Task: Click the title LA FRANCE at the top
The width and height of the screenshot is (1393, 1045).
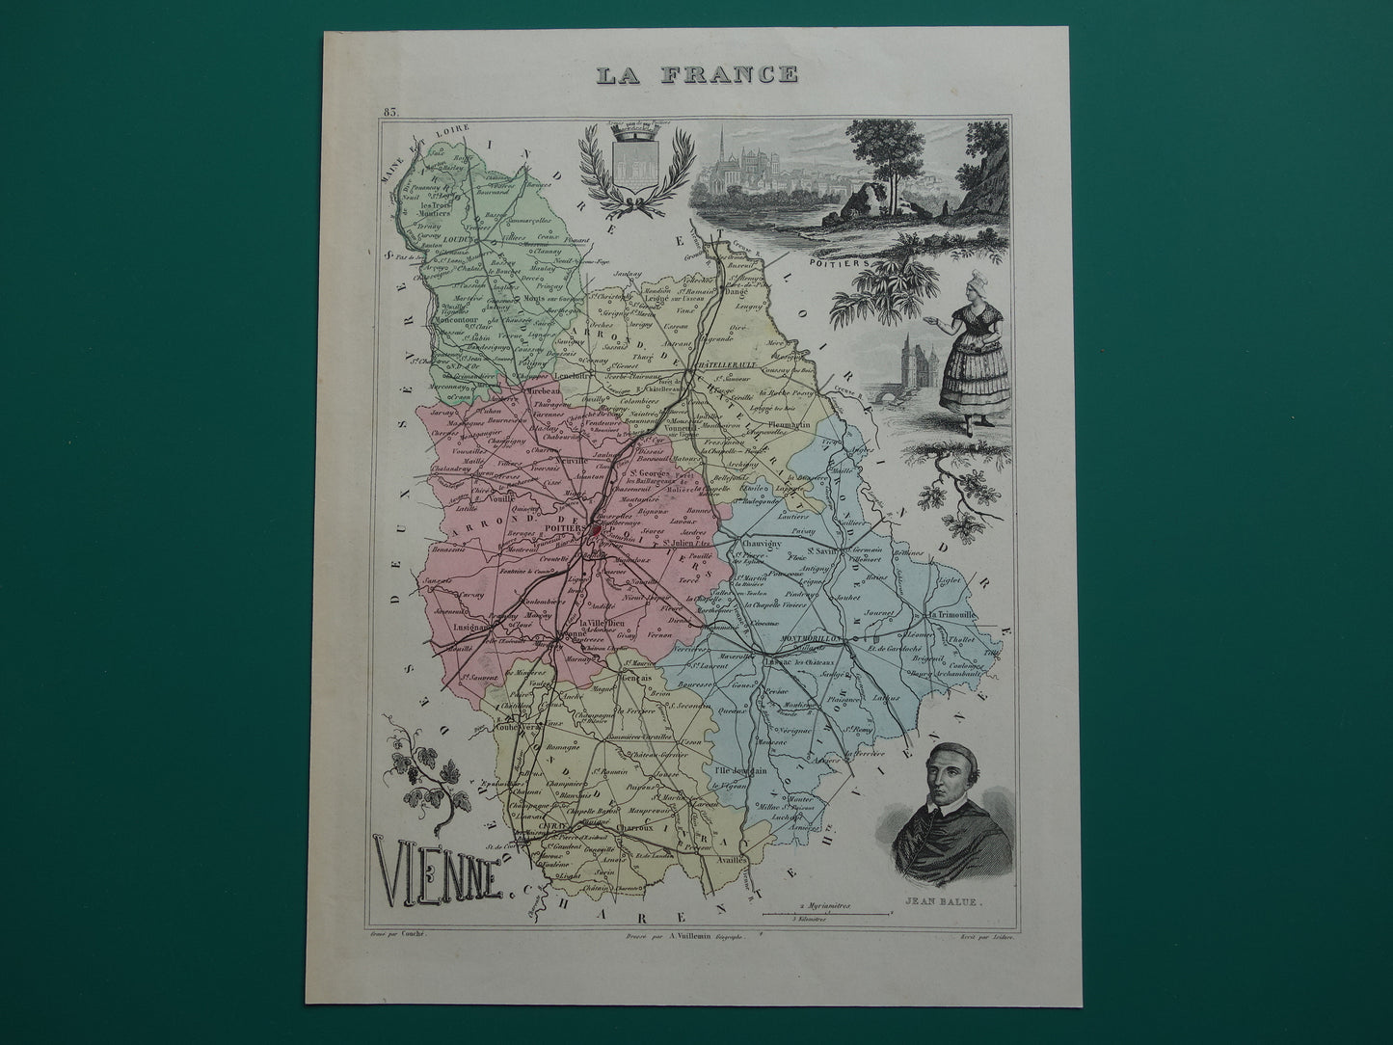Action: point(697,73)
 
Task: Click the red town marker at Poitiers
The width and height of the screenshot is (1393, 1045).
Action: point(597,529)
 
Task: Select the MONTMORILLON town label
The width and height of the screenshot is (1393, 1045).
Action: point(808,638)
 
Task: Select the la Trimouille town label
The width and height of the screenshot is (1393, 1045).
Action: point(951,614)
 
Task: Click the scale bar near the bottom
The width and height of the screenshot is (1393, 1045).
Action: point(826,912)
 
